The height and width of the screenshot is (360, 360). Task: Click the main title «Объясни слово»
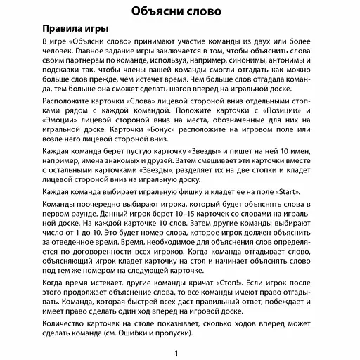click(x=179, y=12)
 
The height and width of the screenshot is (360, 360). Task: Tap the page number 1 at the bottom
click(x=179, y=353)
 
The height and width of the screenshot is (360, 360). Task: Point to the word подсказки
click(x=67, y=70)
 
